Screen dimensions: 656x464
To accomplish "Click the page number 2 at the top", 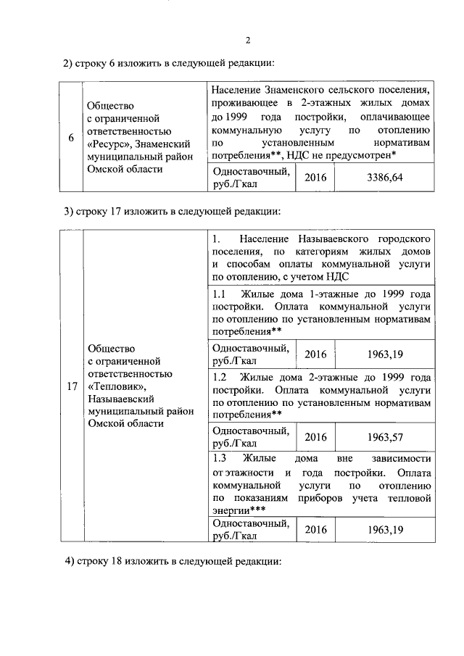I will [247, 40].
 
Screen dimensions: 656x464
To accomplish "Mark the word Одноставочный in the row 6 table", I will [249, 171].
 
